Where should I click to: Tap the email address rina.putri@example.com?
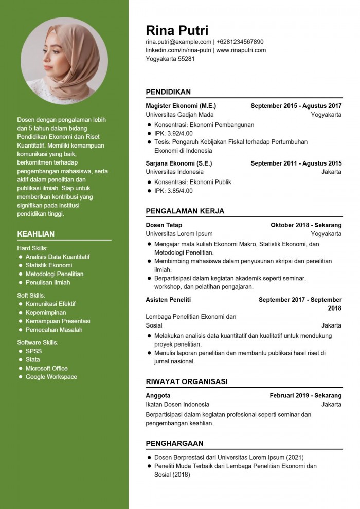178,42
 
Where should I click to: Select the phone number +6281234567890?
240,42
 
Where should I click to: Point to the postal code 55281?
186,59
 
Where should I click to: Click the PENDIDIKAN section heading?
168,92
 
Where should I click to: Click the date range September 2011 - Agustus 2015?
296,163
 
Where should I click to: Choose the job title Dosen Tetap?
164,225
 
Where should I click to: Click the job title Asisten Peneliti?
168,300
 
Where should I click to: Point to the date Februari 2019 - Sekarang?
305,396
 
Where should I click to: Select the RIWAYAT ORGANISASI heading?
187,381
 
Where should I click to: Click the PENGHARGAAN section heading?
174,443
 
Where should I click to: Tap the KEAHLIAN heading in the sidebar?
35,234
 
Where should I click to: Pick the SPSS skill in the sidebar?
33,351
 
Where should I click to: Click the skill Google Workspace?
51,377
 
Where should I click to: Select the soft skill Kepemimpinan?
46,312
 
